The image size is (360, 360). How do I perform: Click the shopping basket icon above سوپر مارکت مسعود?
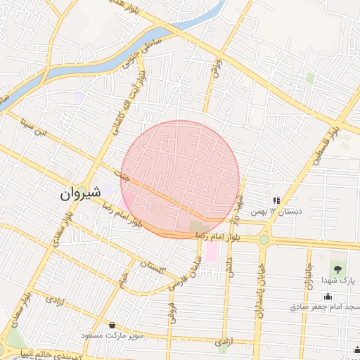[112, 325]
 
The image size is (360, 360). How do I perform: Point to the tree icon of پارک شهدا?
[337, 268]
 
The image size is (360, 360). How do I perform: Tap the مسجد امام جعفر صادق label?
[324, 307]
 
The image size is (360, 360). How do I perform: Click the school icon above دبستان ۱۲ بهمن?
[277, 200]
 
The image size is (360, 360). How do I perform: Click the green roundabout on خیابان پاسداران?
[264, 240]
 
